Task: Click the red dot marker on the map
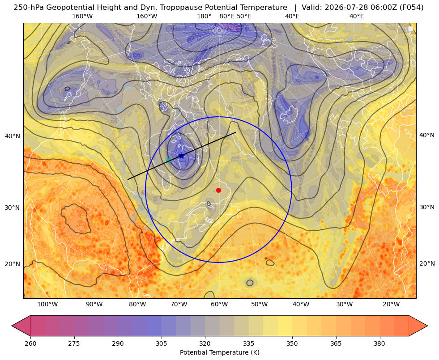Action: click(x=219, y=190)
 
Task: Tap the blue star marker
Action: click(x=181, y=156)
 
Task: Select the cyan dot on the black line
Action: click(x=169, y=161)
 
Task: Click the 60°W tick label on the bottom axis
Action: click(x=219, y=304)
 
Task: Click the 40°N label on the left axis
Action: click(x=13, y=136)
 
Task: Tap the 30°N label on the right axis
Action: click(x=427, y=207)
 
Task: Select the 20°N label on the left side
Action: click(x=13, y=264)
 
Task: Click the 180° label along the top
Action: click(x=204, y=16)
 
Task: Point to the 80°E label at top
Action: click(x=227, y=16)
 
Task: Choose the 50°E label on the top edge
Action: click(x=244, y=16)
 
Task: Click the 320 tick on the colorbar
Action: click(x=205, y=343)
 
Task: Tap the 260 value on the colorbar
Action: click(x=30, y=343)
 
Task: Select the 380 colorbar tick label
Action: click(x=379, y=343)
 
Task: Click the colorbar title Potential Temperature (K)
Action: click(x=219, y=352)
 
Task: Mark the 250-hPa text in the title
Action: click(x=29, y=8)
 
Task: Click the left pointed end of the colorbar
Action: click(x=12, y=326)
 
